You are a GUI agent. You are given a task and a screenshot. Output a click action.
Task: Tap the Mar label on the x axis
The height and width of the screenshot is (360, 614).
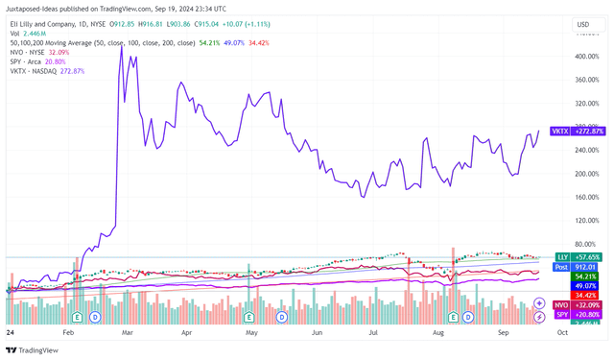(x=125, y=332)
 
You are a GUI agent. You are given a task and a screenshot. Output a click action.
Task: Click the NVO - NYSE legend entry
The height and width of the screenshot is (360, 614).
(x=28, y=52)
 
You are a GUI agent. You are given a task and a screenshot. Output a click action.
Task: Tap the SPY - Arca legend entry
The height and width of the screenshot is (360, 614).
(x=27, y=61)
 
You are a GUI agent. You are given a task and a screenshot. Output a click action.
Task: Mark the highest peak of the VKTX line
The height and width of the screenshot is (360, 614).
(x=120, y=45)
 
